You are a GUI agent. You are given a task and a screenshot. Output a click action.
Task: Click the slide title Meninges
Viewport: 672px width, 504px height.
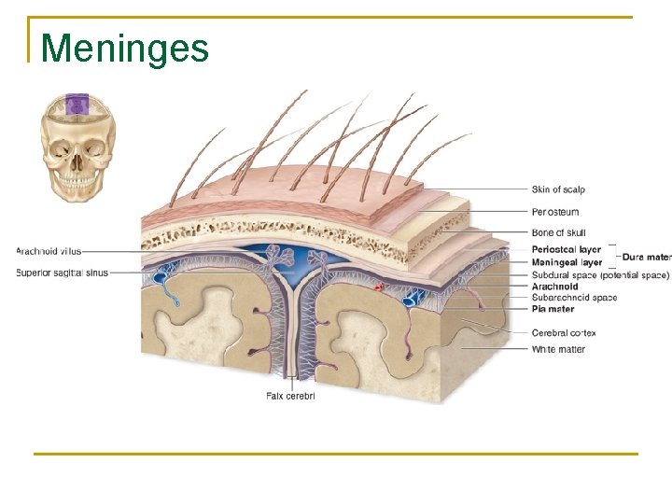(125, 49)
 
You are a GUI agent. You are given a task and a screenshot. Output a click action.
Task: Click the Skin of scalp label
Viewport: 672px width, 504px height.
(558, 189)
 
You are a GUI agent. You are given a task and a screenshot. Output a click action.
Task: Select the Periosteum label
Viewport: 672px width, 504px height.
(555, 212)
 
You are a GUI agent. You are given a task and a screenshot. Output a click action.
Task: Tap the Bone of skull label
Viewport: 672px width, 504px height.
(559, 232)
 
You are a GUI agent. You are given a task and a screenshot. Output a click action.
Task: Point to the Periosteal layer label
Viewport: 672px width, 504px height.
(567, 250)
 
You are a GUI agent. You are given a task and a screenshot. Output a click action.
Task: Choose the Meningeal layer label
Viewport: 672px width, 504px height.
(567, 263)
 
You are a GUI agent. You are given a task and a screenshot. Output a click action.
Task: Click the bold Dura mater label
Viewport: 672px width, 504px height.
(646, 257)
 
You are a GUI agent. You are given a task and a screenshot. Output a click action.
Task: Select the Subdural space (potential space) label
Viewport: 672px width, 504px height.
(600, 275)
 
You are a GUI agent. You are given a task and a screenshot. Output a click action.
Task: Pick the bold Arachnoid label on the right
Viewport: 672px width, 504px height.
(554, 287)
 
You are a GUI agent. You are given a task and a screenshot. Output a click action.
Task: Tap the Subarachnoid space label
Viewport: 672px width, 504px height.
(574, 298)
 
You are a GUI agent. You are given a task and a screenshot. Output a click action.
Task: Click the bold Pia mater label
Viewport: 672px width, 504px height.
(553, 309)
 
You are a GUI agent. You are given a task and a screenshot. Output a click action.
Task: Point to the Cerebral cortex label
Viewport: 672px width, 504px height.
(564, 333)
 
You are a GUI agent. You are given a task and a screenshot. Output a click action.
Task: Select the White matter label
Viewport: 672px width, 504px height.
(558, 350)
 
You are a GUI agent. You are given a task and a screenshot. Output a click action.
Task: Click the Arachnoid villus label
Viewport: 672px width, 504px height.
(49, 251)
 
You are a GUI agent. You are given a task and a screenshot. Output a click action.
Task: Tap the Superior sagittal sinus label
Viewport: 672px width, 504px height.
(62, 273)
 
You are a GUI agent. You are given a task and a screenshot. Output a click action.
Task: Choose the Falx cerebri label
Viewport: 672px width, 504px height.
(290, 396)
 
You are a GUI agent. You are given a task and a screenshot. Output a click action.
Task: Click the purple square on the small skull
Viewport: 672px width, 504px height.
(76, 104)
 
